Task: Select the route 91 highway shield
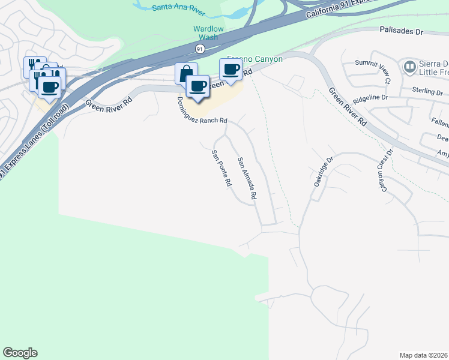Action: coord(199,48)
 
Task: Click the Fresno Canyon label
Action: coord(254,59)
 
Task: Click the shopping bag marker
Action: coord(186,73)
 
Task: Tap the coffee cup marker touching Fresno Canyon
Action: coord(231,70)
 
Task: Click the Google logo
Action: coord(20,353)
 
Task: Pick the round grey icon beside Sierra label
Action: coord(411,66)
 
